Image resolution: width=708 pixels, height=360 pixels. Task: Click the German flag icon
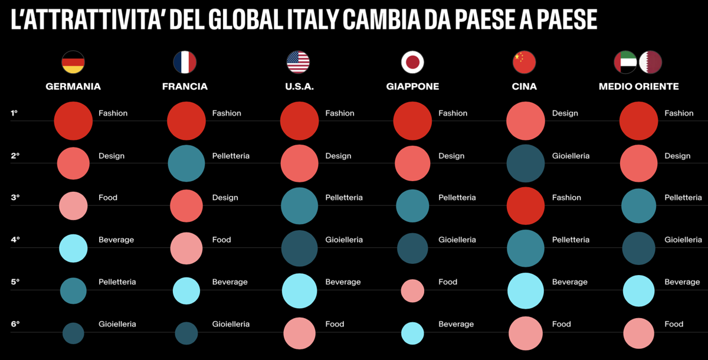(x=73, y=62)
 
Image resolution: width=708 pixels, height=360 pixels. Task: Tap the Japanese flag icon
(x=412, y=62)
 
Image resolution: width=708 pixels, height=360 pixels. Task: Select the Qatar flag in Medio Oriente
(x=651, y=62)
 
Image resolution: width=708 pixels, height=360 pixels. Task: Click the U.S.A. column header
(x=299, y=86)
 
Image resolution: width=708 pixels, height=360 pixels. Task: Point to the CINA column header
(x=525, y=86)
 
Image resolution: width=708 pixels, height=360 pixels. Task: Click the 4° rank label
(x=15, y=240)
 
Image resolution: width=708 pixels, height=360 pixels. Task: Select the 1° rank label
(x=15, y=113)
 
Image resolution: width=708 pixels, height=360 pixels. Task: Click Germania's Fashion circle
(x=73, y=121)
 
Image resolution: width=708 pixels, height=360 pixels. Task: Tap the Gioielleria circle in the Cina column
(x=525, y=163)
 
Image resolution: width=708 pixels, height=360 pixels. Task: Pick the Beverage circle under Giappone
(x=412, y=333)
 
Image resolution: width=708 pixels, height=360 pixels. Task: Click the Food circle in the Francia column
(x=186, y=248)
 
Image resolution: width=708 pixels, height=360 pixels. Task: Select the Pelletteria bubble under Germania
(x=73, y=290)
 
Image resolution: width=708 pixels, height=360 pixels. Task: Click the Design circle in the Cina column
(x=525, y=121)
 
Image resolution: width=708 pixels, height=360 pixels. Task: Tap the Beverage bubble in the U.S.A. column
(x=299, y=290)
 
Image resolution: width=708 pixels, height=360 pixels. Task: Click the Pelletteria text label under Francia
(x=231, y=156)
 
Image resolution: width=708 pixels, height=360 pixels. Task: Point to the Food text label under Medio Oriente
(x=674, y=324)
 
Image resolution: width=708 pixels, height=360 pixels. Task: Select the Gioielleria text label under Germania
(x=117, y=324)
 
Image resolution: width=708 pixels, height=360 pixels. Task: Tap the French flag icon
(x=185, y=62)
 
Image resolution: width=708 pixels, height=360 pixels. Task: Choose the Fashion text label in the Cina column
(x=566, y=198)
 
